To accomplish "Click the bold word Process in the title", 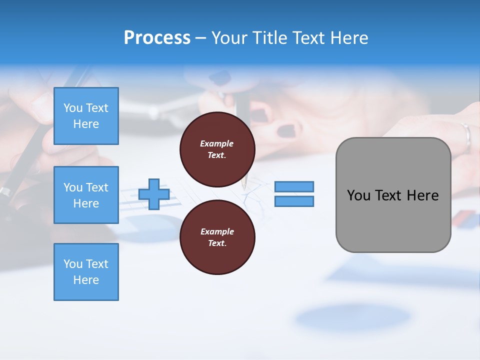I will (157, 38).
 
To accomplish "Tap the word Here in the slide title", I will (348, 38).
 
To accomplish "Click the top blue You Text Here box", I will (86, 116).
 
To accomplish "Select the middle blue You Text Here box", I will (86, 195).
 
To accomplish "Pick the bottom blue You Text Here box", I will (86, 272).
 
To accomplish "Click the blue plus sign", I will (154, 194).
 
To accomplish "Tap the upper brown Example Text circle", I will (217, 149).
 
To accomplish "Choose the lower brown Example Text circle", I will (217, 237).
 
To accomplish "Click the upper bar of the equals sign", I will (294, 186).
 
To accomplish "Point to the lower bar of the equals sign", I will (294, 201).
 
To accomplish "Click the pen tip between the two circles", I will (244, 186).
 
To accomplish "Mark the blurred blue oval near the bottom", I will (352, 317).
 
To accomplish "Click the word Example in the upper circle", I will (217, 144).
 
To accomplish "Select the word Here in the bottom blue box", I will (86, 280).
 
